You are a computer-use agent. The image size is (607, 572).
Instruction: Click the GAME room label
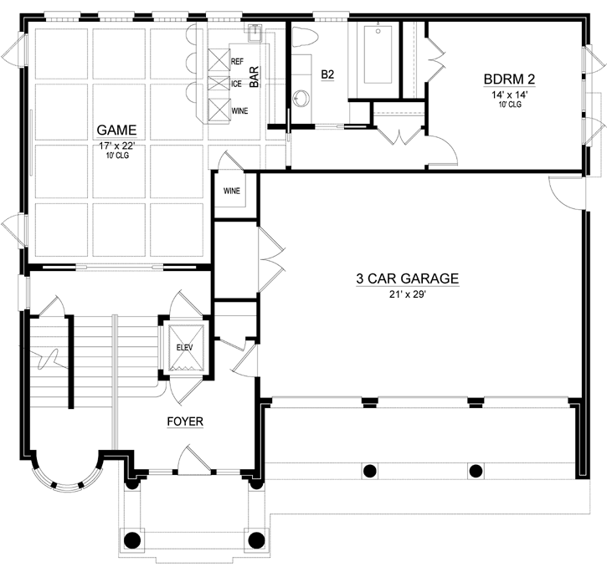tap(116, 130)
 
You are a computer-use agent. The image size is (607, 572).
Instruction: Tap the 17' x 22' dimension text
tap(116, 146)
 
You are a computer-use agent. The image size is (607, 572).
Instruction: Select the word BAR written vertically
tap(254, 77)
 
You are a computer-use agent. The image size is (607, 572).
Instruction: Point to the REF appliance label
tap(237, 61)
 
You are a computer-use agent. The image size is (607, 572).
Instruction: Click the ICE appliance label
tap(237, 84)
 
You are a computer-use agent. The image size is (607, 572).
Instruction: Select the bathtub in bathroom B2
tap(379, 54)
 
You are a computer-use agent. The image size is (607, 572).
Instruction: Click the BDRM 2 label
tap(509, 79)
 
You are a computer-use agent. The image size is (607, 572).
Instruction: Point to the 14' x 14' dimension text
tap(509, 94)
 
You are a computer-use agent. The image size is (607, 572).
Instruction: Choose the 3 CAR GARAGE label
tap(407, 279)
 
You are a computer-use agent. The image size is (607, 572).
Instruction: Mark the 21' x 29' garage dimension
tap(407, 294)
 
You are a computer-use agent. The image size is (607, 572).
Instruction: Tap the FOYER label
tap(184, 421)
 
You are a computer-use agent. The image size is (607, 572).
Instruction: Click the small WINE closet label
tap(232, 192)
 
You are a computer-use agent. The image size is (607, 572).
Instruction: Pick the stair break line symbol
tap(46, 360)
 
